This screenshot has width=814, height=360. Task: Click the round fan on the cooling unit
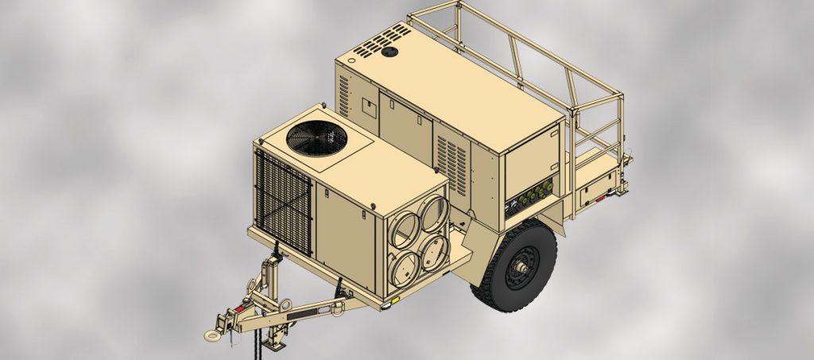pos(316,138)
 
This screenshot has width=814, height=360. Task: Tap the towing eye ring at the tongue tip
pos(212,335)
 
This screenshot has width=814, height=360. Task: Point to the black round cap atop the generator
pos(389,52)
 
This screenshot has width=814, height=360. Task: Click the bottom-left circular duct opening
pos(406,264)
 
